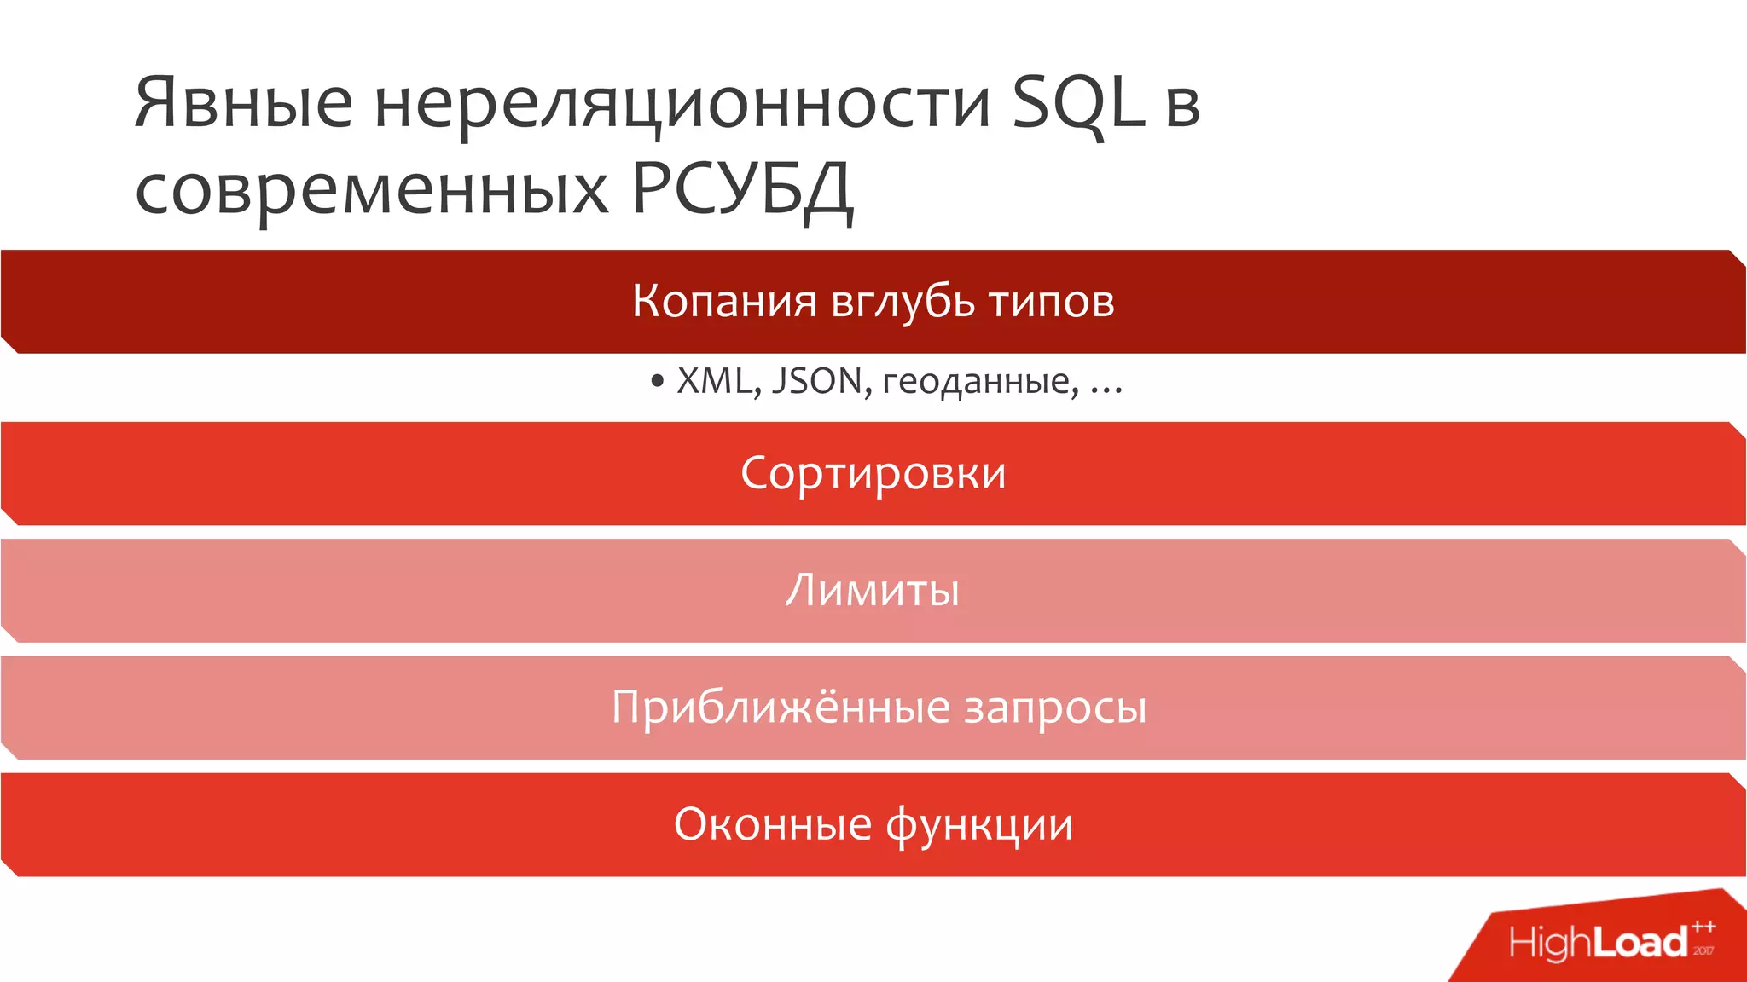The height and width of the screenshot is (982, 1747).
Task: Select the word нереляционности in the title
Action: tap(682, 104)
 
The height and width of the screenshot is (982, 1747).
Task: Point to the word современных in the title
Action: tap(372, 189)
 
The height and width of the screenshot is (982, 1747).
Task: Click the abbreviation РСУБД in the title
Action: tap(741, 189)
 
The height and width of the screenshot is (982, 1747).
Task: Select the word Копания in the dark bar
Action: tap(724, 301)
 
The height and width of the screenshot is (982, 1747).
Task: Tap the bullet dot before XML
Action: tap(656, 382)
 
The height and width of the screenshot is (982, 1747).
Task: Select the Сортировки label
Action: tap(873, 473)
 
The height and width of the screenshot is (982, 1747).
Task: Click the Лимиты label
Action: tap(873, 590)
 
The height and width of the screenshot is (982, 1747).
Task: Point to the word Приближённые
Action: tap(781, 707)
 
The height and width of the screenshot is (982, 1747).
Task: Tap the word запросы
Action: tap(1055, 708)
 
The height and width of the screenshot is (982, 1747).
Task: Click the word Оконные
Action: tap(773, 824)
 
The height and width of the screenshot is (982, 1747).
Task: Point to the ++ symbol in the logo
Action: tap(1703, 927)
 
